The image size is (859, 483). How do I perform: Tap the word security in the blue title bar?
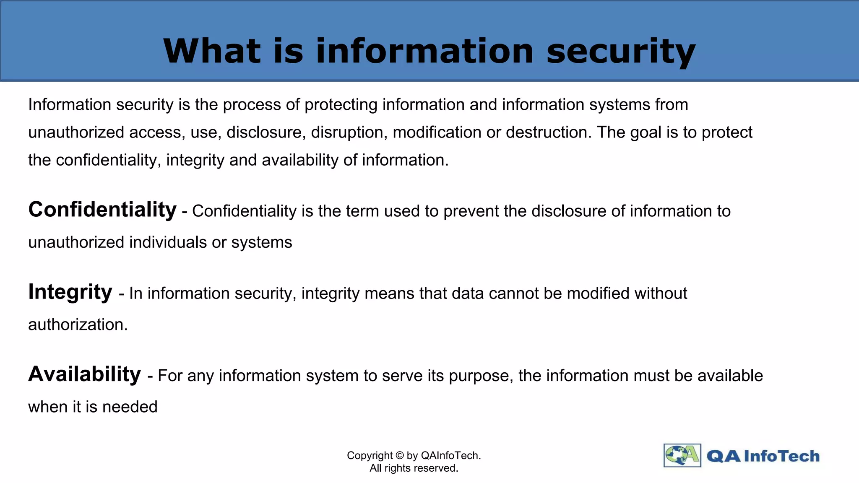[621, 52]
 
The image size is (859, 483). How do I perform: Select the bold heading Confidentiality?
[102, 209]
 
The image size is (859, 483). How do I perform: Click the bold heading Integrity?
[70, 292]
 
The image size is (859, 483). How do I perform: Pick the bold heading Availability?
[84, 374]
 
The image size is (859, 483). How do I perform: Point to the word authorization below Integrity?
[78, 325]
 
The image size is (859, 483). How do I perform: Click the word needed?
[130, 407]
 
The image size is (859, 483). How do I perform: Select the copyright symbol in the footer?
[399, 455]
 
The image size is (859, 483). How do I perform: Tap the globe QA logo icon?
[682, 455]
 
